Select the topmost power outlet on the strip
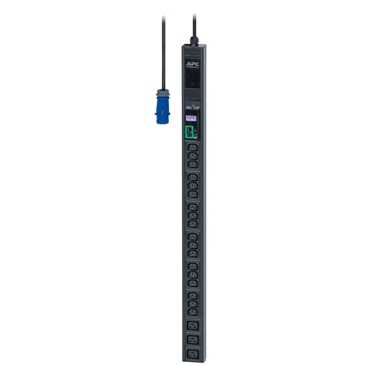pos(192,147)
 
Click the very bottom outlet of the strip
pos(192,354)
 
